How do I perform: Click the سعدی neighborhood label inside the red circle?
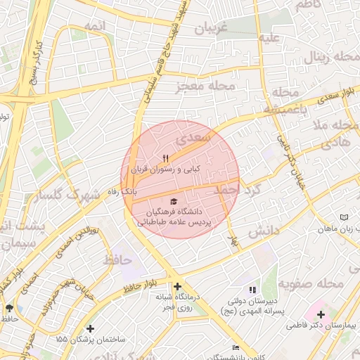pos(195,137)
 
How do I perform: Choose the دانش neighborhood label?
pos(264,230)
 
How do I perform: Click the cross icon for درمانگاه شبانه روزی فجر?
pos(177,287)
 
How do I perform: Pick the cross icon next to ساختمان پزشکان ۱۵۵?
pos(90,328)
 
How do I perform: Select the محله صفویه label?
pos(311,284)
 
